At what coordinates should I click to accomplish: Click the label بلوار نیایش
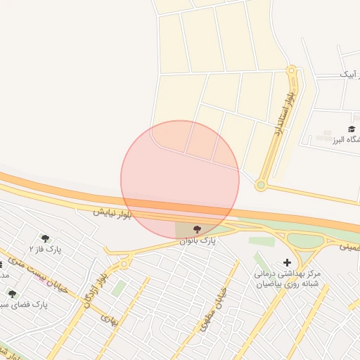[x=112, y=211]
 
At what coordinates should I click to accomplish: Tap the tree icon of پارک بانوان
[x=196, y=230]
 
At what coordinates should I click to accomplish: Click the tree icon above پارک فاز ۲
[x=46, y=239]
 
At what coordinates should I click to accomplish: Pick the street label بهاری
[x=109, y=321]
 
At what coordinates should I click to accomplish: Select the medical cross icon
[x=286, y=262]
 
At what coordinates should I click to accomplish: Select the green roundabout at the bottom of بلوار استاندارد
[x=261, y=186]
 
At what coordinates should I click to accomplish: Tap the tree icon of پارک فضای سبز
[x=11, y=294]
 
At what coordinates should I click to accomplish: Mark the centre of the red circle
[x=180, y=180]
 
